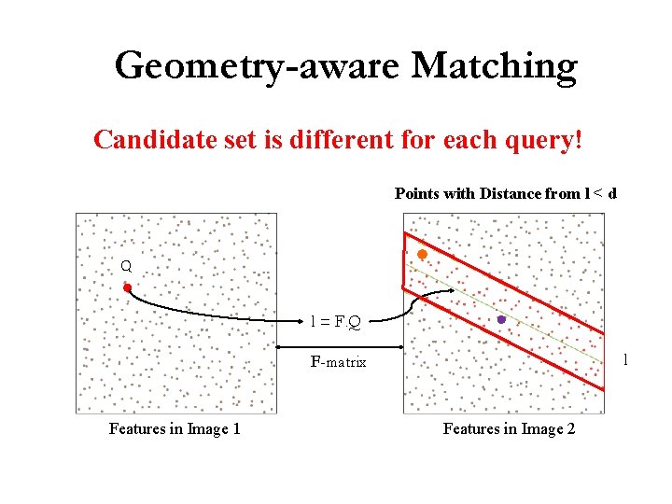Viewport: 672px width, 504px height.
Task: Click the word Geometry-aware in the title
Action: click(x=257, y=66)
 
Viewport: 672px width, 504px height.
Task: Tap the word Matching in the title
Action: click(x=494, y=66)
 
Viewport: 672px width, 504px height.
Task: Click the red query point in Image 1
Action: click(x=127, y=288)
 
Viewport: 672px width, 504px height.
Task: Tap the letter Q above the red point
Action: click(x=126, y=266)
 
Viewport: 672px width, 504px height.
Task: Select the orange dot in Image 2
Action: click(x=422, y=254)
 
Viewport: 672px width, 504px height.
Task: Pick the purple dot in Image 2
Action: click(x=501, y=319)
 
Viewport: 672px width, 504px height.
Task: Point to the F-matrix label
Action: click(x=338, y=361)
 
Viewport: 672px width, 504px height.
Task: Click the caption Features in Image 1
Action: click(x=175, y=429)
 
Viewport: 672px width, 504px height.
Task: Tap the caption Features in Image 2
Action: click(x=509, y=429)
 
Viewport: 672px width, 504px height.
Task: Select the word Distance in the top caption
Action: click(x=511, y=194)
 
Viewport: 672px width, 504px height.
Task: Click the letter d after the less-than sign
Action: click(x=612, y=194)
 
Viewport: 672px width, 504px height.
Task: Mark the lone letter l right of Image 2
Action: click(x=625, y=359)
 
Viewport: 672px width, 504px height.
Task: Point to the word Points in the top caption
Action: click(x=416, y=194)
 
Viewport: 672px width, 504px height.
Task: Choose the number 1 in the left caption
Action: click(x=236, y=429)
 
